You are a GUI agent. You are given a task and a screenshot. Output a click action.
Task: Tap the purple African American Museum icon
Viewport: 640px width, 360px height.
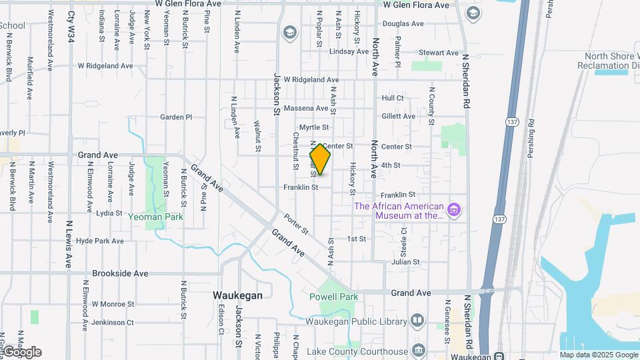pyautogui.click(x=454, y=211)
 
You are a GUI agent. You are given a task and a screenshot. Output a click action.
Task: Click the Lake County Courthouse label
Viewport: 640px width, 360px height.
pyautogui.click(x=357, y=351)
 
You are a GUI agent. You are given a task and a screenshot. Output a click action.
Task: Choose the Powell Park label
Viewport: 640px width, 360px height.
pyautogui.click(x=334, y=297)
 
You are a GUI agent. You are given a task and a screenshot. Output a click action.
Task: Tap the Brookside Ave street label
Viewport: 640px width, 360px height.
pyautogui.click(x=120, y=273)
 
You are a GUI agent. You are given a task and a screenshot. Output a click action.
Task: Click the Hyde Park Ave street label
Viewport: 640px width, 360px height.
pyautogui.click(x=100, y=241)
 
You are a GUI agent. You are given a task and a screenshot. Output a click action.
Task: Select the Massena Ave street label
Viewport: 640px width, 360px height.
pyautogui.click(x=306, y=108)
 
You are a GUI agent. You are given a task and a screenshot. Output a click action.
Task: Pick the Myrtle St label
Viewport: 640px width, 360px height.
pyautogui.click(x=314, y=127)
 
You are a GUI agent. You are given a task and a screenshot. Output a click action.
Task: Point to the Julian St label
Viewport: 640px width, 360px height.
pyautogui.click(x=406, y=262)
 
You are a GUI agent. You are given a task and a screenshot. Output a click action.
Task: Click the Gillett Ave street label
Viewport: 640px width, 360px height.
pyautogui.click(x=398, y=116)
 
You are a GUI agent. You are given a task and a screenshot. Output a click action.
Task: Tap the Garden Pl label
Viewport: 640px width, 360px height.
pyautogui.click(x=176, y=117)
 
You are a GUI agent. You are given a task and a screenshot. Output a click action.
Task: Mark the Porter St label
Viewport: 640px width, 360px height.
pyautogui.click(x=296, y=223)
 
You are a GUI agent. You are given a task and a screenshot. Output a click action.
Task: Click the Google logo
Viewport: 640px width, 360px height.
pyautogui.click(x=21, y=352)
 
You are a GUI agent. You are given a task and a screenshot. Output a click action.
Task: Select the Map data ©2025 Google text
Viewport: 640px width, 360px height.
pyautogui.click(x=598, y=355)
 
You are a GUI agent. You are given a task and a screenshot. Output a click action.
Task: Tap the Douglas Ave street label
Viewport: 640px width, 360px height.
pyautogui.click(x=403, y=23)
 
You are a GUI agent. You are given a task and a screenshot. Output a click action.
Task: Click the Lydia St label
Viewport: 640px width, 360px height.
pyautogui.click(x=109, y=213)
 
